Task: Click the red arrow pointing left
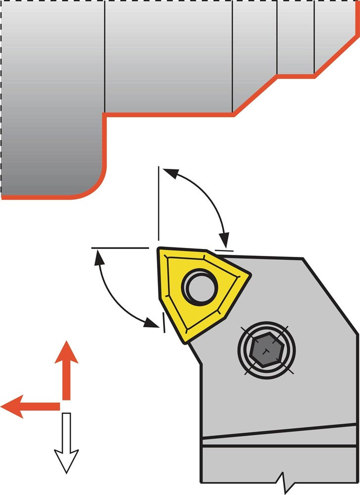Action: [30, 406]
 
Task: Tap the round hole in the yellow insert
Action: [201, 286]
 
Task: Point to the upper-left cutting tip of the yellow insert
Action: [160, 250]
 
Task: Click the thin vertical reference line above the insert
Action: [158, 203]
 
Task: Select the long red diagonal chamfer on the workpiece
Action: [255, 96]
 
